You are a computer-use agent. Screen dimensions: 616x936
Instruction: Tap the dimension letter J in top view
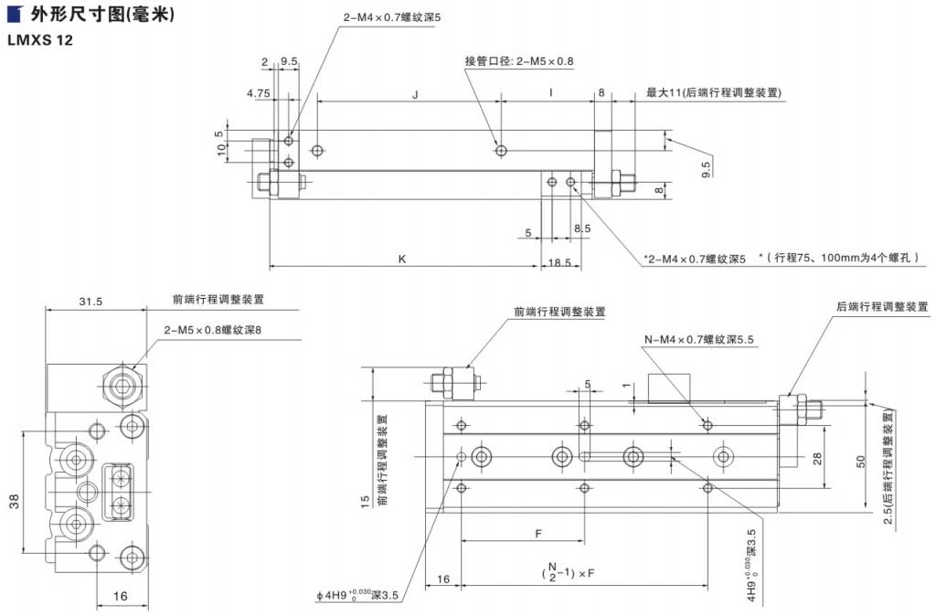tap(416, 93)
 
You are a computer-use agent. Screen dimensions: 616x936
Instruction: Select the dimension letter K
tap(402, 259)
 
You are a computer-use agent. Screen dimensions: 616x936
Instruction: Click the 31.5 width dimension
tap(90, 301)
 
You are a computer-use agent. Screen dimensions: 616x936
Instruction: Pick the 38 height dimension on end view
tap(14, 501)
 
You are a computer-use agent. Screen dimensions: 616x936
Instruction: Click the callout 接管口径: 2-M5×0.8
tap(518, 61)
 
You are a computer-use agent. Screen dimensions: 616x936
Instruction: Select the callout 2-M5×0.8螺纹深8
tap(218, 329)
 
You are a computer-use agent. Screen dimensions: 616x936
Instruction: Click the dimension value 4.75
tap(257, 93)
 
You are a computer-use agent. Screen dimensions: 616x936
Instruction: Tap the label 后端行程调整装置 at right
tap(881, 306)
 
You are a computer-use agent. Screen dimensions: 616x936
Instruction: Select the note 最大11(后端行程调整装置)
tap(713, 92)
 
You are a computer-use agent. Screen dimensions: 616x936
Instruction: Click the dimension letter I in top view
tap(550, 93)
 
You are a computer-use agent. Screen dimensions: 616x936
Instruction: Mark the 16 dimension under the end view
tap(120, 595)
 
